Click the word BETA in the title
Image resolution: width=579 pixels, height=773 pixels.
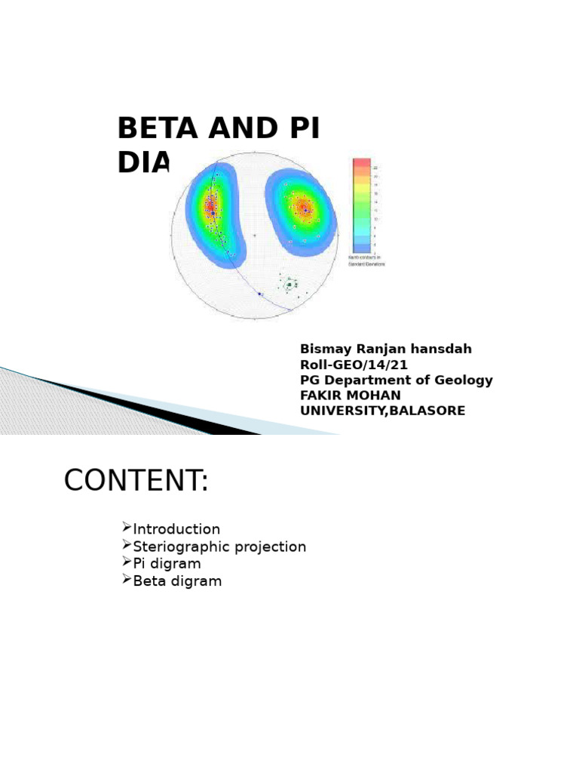158,129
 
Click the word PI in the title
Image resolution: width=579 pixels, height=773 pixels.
303,129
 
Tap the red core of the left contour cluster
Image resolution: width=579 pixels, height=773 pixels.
210,205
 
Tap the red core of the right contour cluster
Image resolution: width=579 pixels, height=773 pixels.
304,208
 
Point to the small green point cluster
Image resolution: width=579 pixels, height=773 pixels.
289,285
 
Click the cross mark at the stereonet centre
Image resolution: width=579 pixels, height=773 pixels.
254,236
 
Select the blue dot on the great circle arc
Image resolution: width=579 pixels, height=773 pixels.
259,294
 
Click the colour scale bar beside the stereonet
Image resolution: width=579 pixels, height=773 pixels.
362,205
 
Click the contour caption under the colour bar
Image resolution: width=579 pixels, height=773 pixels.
366,261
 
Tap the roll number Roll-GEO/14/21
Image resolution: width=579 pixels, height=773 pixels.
354,365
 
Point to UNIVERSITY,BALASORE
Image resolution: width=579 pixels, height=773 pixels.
382,411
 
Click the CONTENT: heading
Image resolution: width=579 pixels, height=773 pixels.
136,481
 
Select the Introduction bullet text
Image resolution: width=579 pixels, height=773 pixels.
176,530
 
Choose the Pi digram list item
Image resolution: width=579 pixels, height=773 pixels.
167,565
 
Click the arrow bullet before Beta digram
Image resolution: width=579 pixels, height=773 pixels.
126,580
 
